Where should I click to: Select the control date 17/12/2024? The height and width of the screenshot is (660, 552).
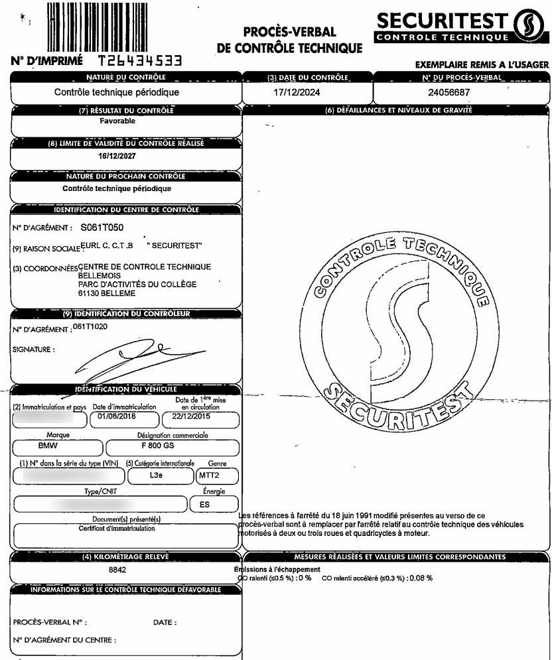pyautogui.click(x=297, y=93)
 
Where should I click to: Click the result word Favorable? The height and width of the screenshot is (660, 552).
pyautogui.click(x=117, y=121)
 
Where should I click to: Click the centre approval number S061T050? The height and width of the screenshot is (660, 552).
pyautogui.click(x=102, y=228)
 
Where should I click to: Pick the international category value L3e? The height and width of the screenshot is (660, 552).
pyautogui.click(x=156, y=476)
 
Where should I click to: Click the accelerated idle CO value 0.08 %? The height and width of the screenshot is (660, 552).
pyautogui.click(x=417, y=578)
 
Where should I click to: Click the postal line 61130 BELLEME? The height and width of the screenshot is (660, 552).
pyautogui.click(x=107, y=293)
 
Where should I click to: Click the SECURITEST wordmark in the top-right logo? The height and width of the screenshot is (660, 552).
pyautogui.click(x=441, y=21)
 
